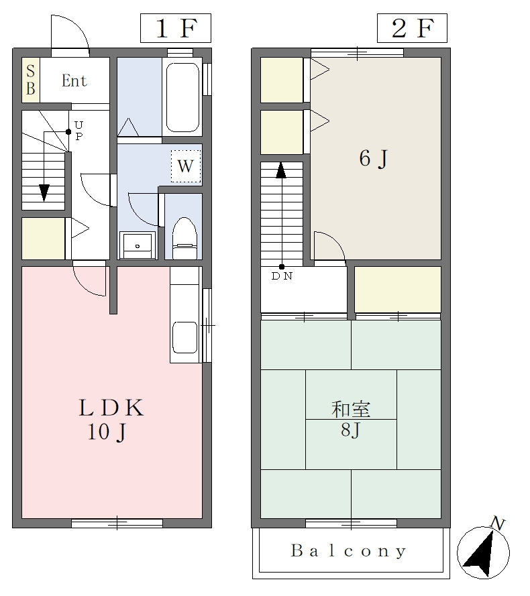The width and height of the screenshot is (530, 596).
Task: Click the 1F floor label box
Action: click(x=176, y=28)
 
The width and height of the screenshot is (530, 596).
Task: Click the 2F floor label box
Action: click(x=412, y=28)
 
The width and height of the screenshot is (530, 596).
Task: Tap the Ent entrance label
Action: click(x=74, y=80)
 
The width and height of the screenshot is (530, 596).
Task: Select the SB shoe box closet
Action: click(x=31, y=80)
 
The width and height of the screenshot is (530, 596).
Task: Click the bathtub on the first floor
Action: click(x=182, y=97)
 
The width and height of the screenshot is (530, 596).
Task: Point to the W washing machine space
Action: click(x=186, y=166)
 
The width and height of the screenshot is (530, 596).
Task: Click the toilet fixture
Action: click(x=185, y=239)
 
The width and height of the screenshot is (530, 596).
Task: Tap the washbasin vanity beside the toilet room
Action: click(x=138, y=245)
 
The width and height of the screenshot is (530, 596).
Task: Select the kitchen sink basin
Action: click(x=185, y=337)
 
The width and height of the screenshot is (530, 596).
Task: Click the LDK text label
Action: click(x=111, y=408)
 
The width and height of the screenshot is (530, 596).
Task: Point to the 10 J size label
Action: click(x=107, y=432)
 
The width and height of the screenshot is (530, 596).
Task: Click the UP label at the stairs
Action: click(x=78, y=130)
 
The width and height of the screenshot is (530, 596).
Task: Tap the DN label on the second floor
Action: click(x=282, y=276)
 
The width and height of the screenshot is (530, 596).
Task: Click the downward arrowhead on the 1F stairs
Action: click(x=44, y=192)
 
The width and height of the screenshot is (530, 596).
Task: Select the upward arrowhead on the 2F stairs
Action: click(x=281, y=170)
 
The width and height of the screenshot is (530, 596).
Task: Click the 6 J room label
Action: click(x=373, y=158)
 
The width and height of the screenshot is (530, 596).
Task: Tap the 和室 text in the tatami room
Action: click(x=351, y=410)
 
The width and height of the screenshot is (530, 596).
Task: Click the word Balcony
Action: click(x=348, y=551)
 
